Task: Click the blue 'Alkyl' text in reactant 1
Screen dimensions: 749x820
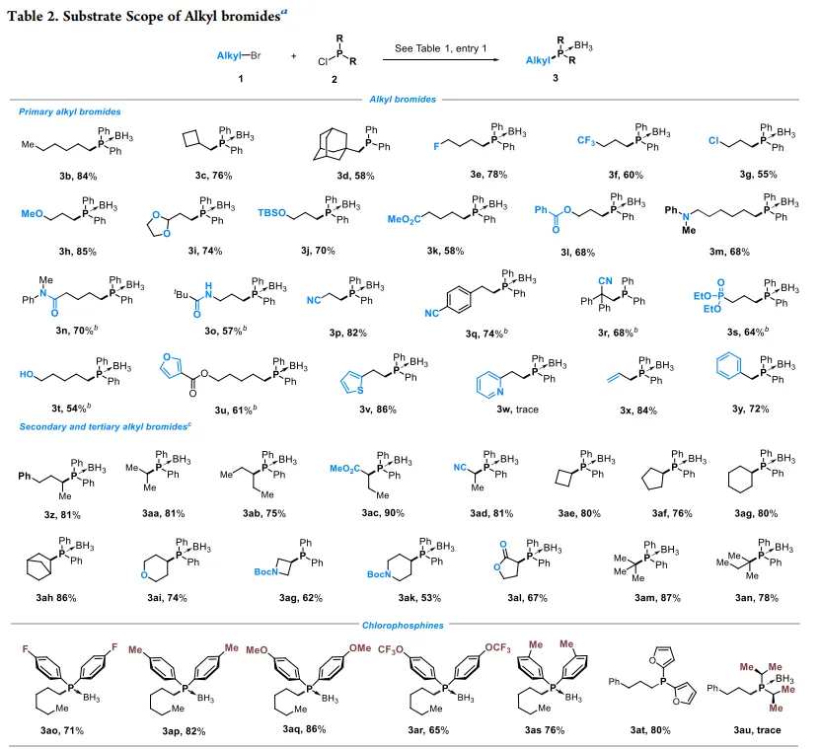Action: click(x=230, y=56)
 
